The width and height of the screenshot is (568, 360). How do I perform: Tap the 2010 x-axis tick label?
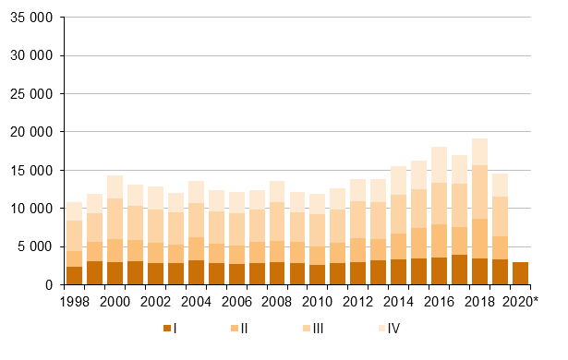(319, 302)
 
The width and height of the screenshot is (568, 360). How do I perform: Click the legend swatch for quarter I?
(167, 328)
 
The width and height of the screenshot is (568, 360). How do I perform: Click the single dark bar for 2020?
(521, 274)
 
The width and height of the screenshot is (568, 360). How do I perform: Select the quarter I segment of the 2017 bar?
(460, 270)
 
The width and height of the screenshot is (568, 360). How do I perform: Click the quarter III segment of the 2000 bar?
(115, 219)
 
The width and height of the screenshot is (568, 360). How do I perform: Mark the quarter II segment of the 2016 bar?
(440, 241)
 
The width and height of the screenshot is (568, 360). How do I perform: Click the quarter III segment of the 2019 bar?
(501, 217)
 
